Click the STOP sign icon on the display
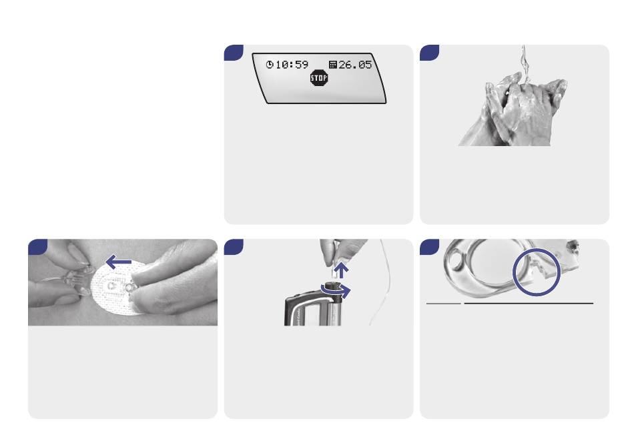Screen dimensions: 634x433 [x=318, y=78]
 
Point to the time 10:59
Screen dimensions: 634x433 [x=292, y=65]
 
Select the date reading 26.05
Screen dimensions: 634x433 [x=355, y=65]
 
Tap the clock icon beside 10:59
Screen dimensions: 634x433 [x=270, y=65]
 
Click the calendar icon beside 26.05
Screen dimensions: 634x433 [x=333, y=65]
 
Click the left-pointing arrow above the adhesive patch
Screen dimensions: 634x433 [x=118, y=262]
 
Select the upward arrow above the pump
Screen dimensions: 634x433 [x=342, y=270]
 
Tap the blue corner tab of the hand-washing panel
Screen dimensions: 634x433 [x=428, y=51]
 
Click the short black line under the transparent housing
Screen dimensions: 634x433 [x=444, y=303]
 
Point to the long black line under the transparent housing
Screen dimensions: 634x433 [x=529, y=303]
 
